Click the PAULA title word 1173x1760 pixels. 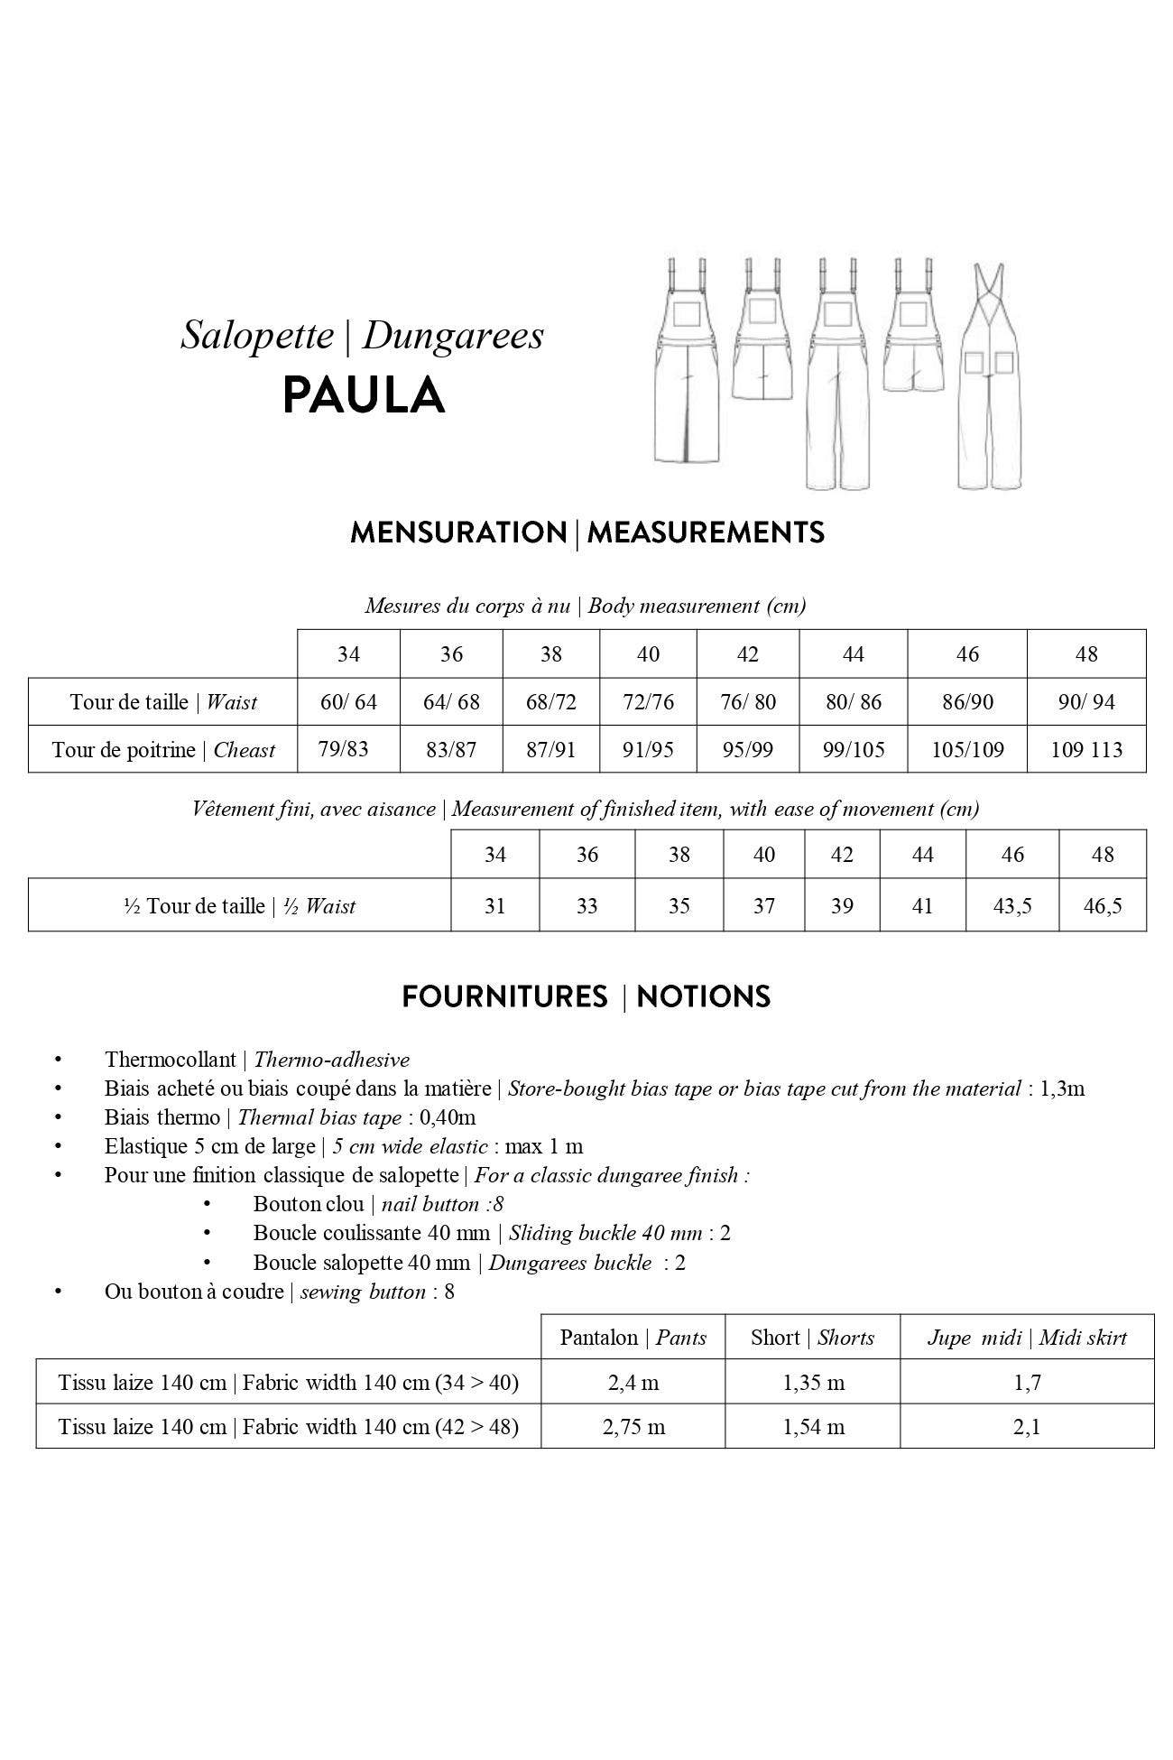tap(363, 395)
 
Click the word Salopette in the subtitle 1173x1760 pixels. tap(257, 336)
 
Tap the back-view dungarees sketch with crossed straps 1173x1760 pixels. tap(990, 376)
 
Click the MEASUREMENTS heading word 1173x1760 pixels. tap(706, 533)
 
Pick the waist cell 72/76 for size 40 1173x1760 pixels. tap(648, 702)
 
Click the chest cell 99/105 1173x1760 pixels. tap(853, 749)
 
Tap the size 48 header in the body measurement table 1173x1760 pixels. tap(1086, 654)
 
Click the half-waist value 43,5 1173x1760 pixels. tap(1011, 905)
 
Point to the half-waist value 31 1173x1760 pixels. tap(494, 905)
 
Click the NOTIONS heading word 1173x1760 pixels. tap(703, 997)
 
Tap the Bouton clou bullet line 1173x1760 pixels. tap(378, 1204)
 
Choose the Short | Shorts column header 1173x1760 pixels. tap(812, 1338)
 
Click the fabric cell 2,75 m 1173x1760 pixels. tap(633, 1426)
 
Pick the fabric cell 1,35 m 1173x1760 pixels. tap(813, 1383)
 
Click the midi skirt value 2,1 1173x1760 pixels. tap(1027, 1426)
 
